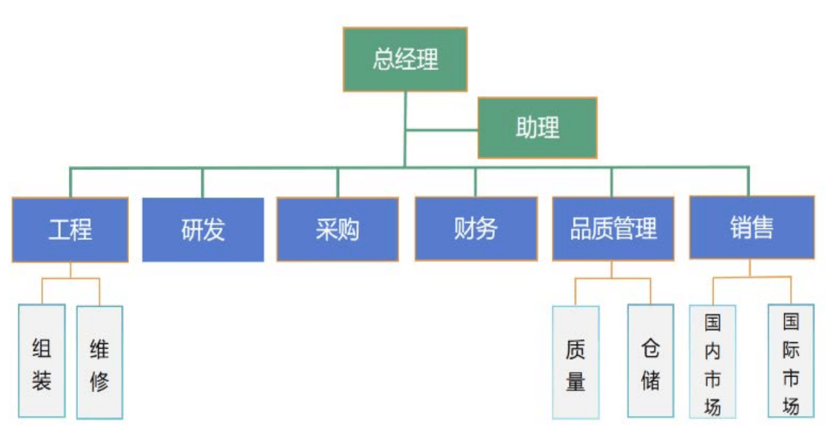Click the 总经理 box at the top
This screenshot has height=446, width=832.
pyautogui.click(x=405, y=60)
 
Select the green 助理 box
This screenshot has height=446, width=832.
pyautogui.click(x=537, y=128)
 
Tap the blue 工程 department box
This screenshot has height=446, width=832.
pyautogui.click(x=70, y=230)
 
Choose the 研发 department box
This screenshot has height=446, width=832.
pyautogui.click(x=203, y=230)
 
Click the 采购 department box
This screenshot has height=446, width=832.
pyautogui.click(x=337, y=230)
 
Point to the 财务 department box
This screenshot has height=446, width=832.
pyautogui.click(x=476, y=229)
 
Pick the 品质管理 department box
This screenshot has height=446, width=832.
pyautogui.click(x=613, y=229)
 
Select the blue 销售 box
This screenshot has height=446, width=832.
pyautogui.click(x=751, y=228)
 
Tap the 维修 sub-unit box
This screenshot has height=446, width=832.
pyautogui.click(x=99, y=362)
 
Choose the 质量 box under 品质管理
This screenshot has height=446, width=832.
pyautogui.click(x=575, y=362)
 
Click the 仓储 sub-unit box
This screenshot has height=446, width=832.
pyautogui.click(x=650, y=361)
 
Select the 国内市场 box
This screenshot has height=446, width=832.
pyautogui.click(x=712, y=361)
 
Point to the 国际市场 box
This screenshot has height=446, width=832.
pyautogui.click(x=791, y=361)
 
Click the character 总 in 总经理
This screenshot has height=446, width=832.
pyautogui.click(x=384, y=60)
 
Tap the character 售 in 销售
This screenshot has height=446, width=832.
pyautogui.click(x=763, y=228)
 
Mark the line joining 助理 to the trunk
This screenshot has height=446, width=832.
pyautogui.click(x=441, y=130)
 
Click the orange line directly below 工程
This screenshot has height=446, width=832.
pyautogui.click(x=71, y=270)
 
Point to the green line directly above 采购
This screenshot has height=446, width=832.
pyautogui.click(x=338, y=182)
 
